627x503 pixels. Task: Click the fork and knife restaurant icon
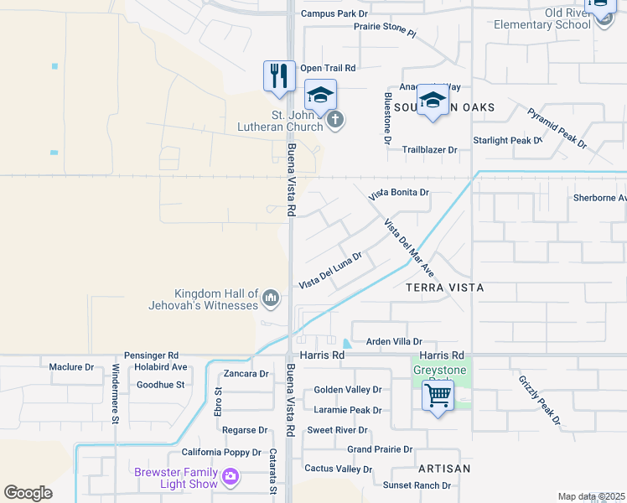tap(279, 76)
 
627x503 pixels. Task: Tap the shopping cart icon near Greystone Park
tap(438, 395)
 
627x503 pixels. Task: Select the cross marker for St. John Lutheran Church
tap(334, 120)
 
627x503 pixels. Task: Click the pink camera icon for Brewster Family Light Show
tap(230, 479)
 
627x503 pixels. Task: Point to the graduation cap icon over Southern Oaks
tap(433, 101)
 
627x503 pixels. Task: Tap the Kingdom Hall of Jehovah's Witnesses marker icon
tap(271, 298)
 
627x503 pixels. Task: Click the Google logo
tap(28, 493)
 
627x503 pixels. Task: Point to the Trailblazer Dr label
tap(429, 150)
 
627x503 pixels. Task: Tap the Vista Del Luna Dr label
tap(330, 270)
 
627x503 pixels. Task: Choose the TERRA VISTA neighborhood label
tap(444, 288)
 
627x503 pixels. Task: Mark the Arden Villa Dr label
tap(394, 342)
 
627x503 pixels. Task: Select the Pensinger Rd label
tap(151, 355)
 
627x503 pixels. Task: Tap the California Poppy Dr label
tap(222, 453)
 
